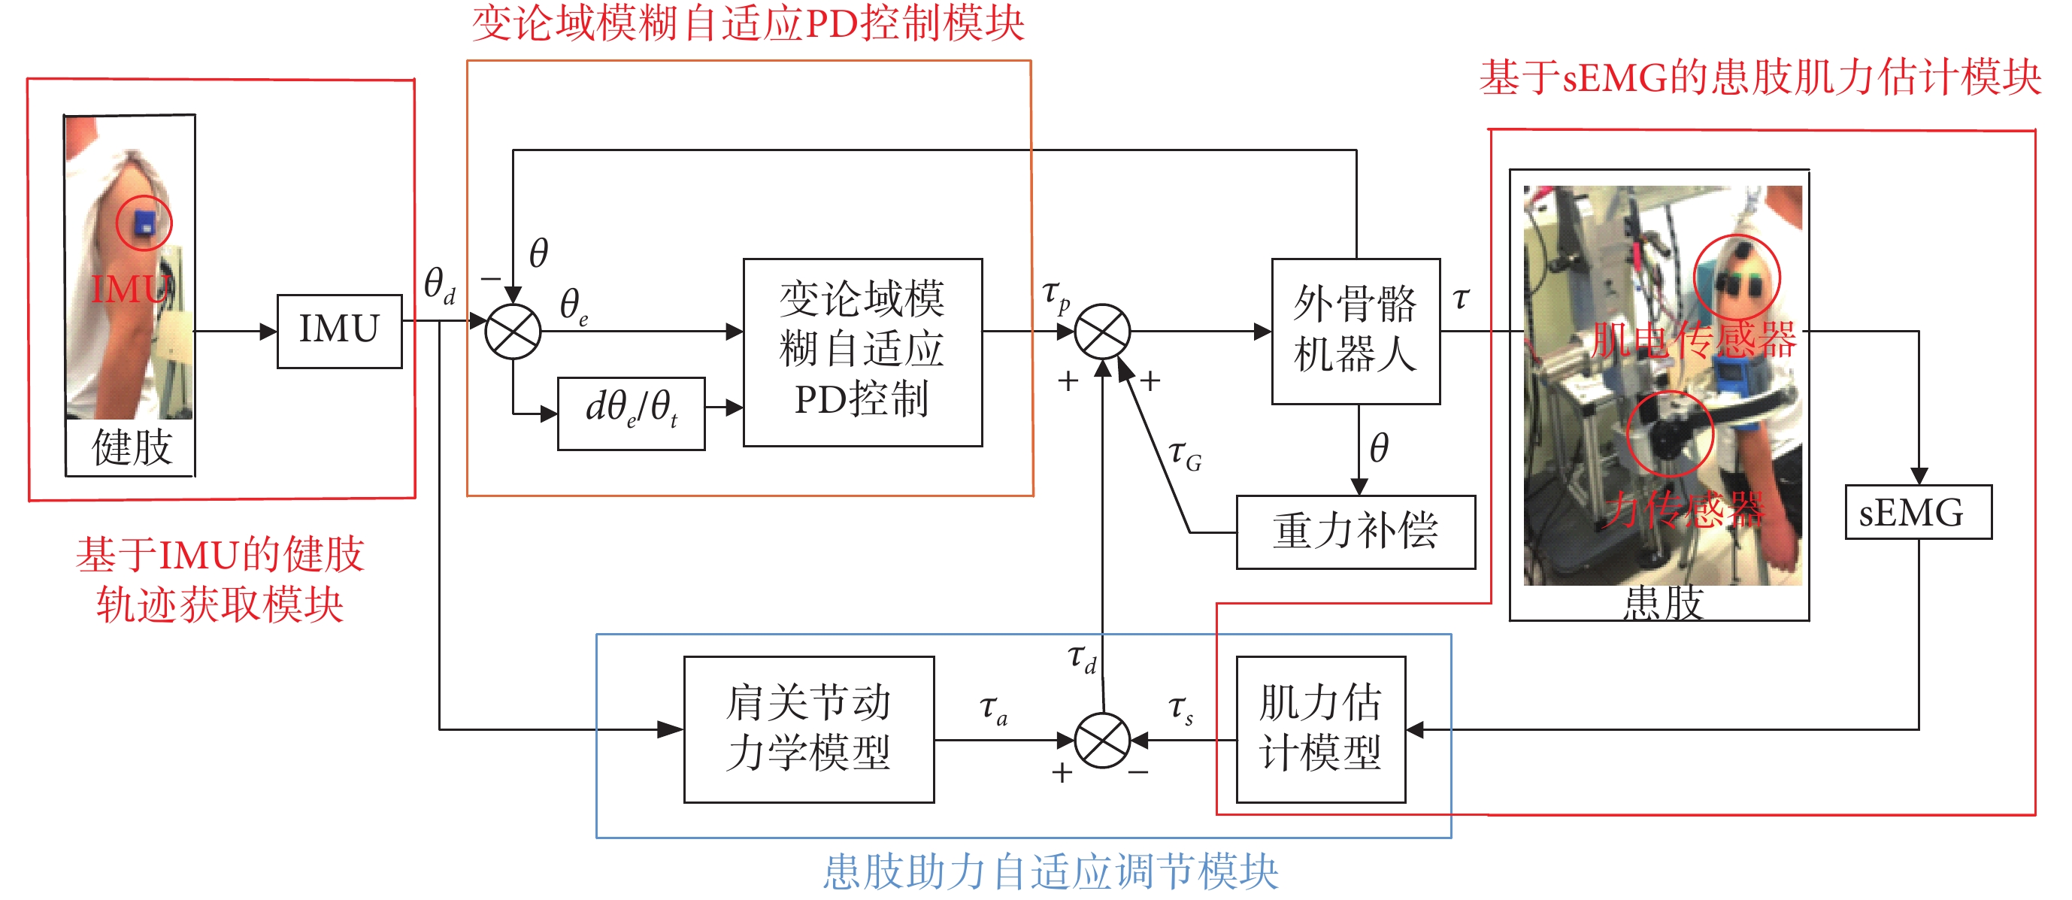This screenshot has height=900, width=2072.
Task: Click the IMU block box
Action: click(x=338, y=331)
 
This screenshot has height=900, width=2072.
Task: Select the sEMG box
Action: click(x=1918, y=512)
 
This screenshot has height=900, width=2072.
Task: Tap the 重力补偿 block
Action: click(x=1356, y=532)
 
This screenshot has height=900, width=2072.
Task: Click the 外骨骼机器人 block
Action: click(x=1356, y=331)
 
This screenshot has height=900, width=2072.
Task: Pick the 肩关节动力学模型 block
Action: click(x=808, y=729)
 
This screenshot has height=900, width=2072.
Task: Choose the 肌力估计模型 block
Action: click(x=1321, y=729)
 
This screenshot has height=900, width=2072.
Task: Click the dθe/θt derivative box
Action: click(x=632, y=414)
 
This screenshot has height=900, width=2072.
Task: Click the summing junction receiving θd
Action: click(x=513, y=332)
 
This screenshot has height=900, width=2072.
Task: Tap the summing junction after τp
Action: click(x=1103, y=332)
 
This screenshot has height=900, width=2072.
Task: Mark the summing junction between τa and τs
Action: click(x=1103, y=739)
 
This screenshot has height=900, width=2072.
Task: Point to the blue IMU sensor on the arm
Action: click(x=145, y=223)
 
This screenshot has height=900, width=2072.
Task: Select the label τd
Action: click(x=1082, y=658)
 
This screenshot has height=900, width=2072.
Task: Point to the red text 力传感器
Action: click(x=1683, y=509)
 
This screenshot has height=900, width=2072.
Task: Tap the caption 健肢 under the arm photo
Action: click(x=132, y=447)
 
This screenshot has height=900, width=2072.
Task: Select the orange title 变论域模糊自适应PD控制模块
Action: click(x=748, y=23)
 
